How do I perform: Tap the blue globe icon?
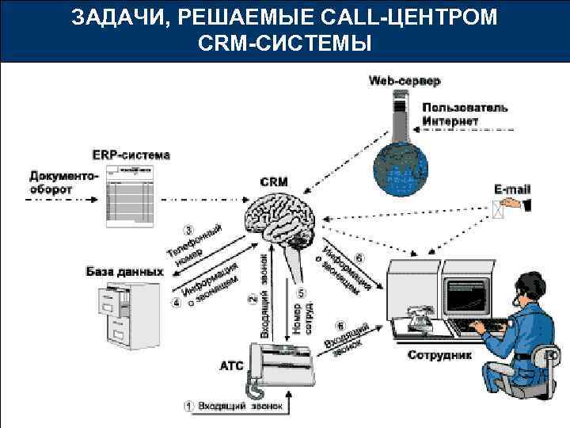click(401, 166)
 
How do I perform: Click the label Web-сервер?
click(405, 80)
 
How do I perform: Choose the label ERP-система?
click(131, 154)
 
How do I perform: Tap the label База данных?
click(124, 272)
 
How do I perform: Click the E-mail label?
click(512, 189)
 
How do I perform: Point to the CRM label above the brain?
click(274, 182)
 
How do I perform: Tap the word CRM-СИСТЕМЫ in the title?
click(285, 43)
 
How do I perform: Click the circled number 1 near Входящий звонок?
click(188, 406)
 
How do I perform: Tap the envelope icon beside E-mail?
click(499, 208)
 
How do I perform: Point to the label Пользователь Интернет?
click(465, 114)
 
